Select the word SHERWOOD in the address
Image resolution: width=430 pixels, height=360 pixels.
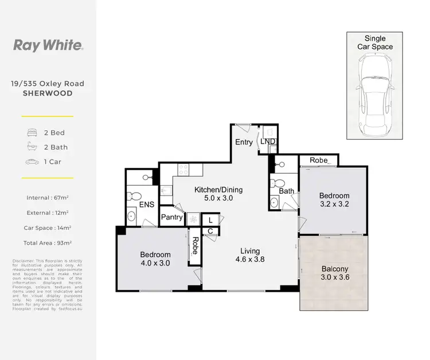[x=48, y=93]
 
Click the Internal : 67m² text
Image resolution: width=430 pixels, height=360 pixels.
[x=48, y=198]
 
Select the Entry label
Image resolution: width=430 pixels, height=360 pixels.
[x=244, y=142]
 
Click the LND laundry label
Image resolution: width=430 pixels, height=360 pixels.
[x=267, y=142]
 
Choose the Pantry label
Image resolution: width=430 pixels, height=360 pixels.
[x=171, y=217]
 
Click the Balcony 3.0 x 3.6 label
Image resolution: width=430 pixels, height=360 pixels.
[x=334, y=273]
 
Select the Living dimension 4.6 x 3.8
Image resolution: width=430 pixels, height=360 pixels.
[x=250, y=260]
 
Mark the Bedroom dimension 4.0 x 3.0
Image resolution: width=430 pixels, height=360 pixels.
[x=154, y=264]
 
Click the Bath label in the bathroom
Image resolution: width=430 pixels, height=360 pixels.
[x=287, y=191]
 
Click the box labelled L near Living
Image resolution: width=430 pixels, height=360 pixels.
[x=210, y=220]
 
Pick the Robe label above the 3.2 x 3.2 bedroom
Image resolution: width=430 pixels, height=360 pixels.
[x=318, y=160]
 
